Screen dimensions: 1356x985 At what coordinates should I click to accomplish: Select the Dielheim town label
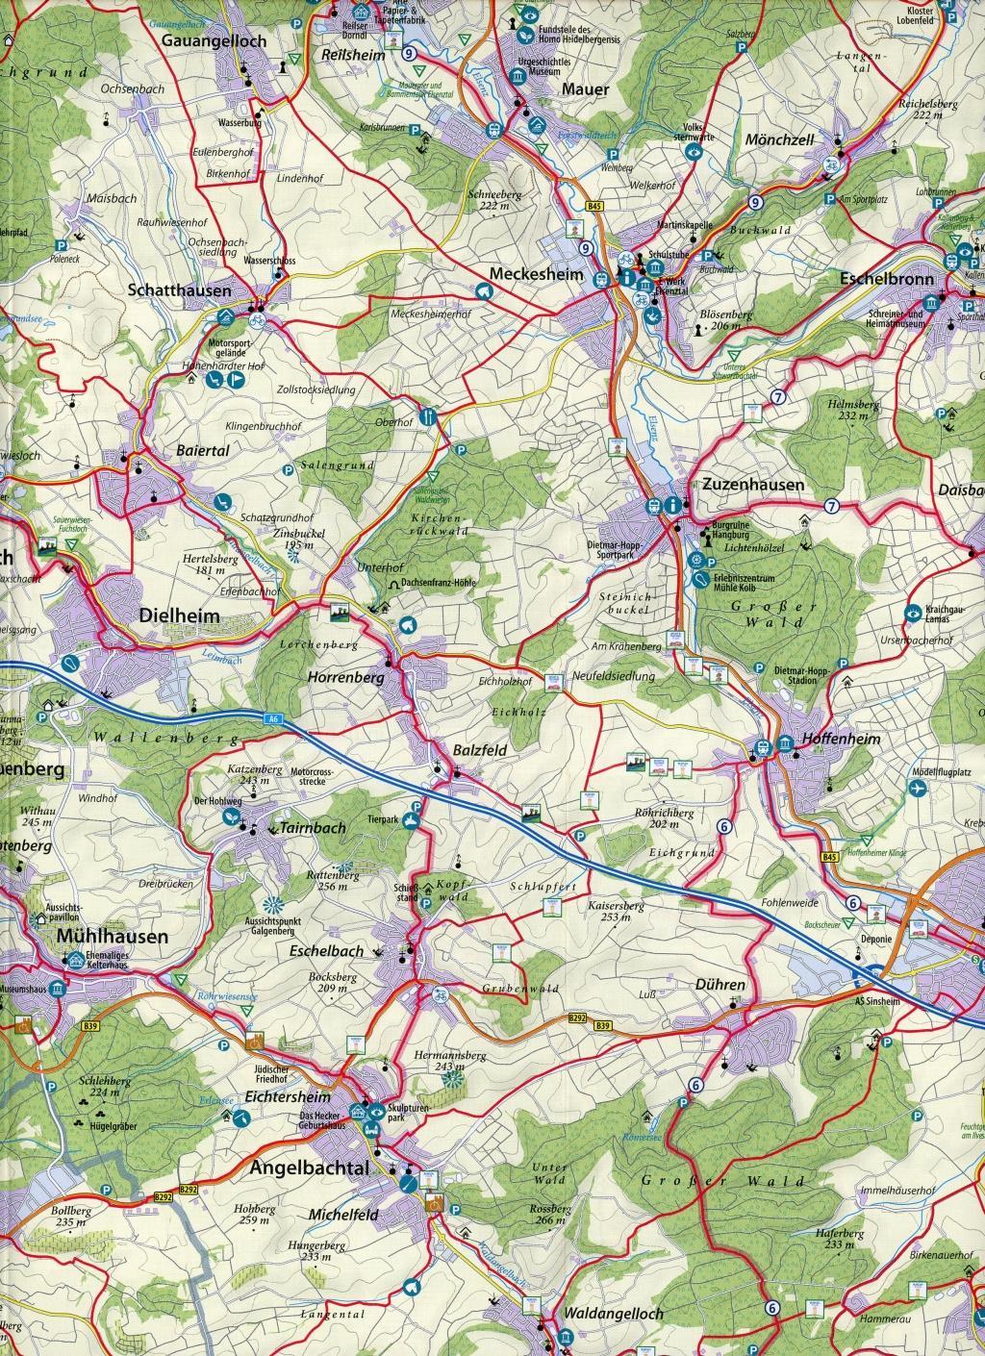click(x=180, y=615)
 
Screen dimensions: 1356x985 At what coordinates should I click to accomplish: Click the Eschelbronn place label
click(x=887, y=280)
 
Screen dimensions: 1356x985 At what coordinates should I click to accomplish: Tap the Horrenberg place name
click(x=345, y=677)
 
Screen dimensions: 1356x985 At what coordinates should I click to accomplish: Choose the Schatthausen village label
click(x=180, y=289)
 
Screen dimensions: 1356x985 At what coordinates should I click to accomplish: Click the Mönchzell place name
click(x=779, y=140)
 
